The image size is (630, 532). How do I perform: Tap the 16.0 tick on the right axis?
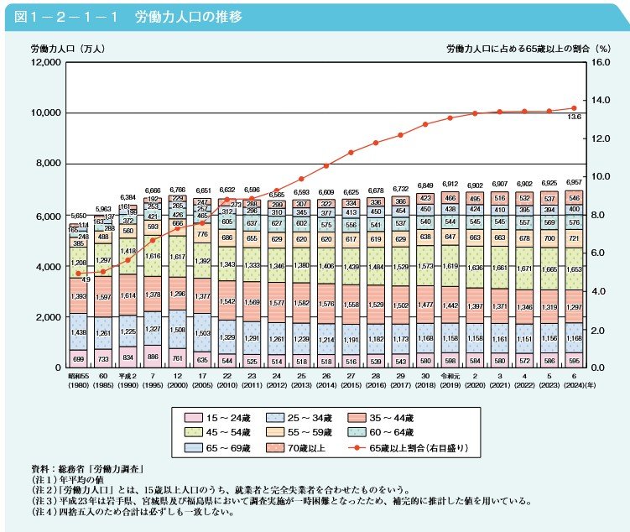[601, 63]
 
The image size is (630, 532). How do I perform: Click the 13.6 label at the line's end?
[574, 117]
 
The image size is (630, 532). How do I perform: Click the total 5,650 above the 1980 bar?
[77, 215]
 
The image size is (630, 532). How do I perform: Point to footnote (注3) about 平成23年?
[277, 502]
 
